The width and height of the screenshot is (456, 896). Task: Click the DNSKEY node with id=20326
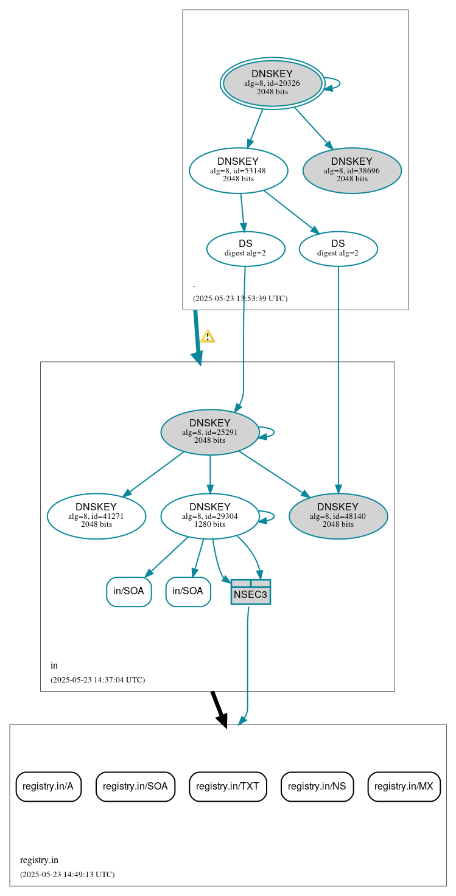(x=272, y=83)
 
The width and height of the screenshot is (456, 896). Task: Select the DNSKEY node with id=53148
(x=238, y=170)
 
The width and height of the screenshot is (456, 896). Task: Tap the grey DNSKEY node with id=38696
(x=352, y=170)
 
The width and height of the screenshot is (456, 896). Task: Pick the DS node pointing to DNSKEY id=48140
(x=338, y=248)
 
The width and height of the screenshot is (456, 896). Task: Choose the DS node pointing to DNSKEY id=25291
(x=245, y=248)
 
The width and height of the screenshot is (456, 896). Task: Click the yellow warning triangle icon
(x=208, y=336)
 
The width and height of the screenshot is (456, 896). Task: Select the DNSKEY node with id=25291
(x=210, y=432)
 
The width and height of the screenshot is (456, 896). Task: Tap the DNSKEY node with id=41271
(x=96, y=516)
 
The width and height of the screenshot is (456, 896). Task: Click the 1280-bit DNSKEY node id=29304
(x=210, y=516)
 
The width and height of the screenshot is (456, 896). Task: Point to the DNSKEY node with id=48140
(x=338, y=516)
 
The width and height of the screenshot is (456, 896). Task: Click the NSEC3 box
(x=250, y=592)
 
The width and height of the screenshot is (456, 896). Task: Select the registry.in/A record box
(x=48, y=787)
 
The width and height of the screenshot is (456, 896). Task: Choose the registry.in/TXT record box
(x=228, y=787)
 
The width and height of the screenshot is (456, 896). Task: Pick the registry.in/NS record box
(x=317, y=787)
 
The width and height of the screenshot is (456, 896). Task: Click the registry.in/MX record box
(x=404, y=787)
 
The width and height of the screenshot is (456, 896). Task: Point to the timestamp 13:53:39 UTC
(x=240, y=299)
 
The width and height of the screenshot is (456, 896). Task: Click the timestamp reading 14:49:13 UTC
(x=67, y=875)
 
